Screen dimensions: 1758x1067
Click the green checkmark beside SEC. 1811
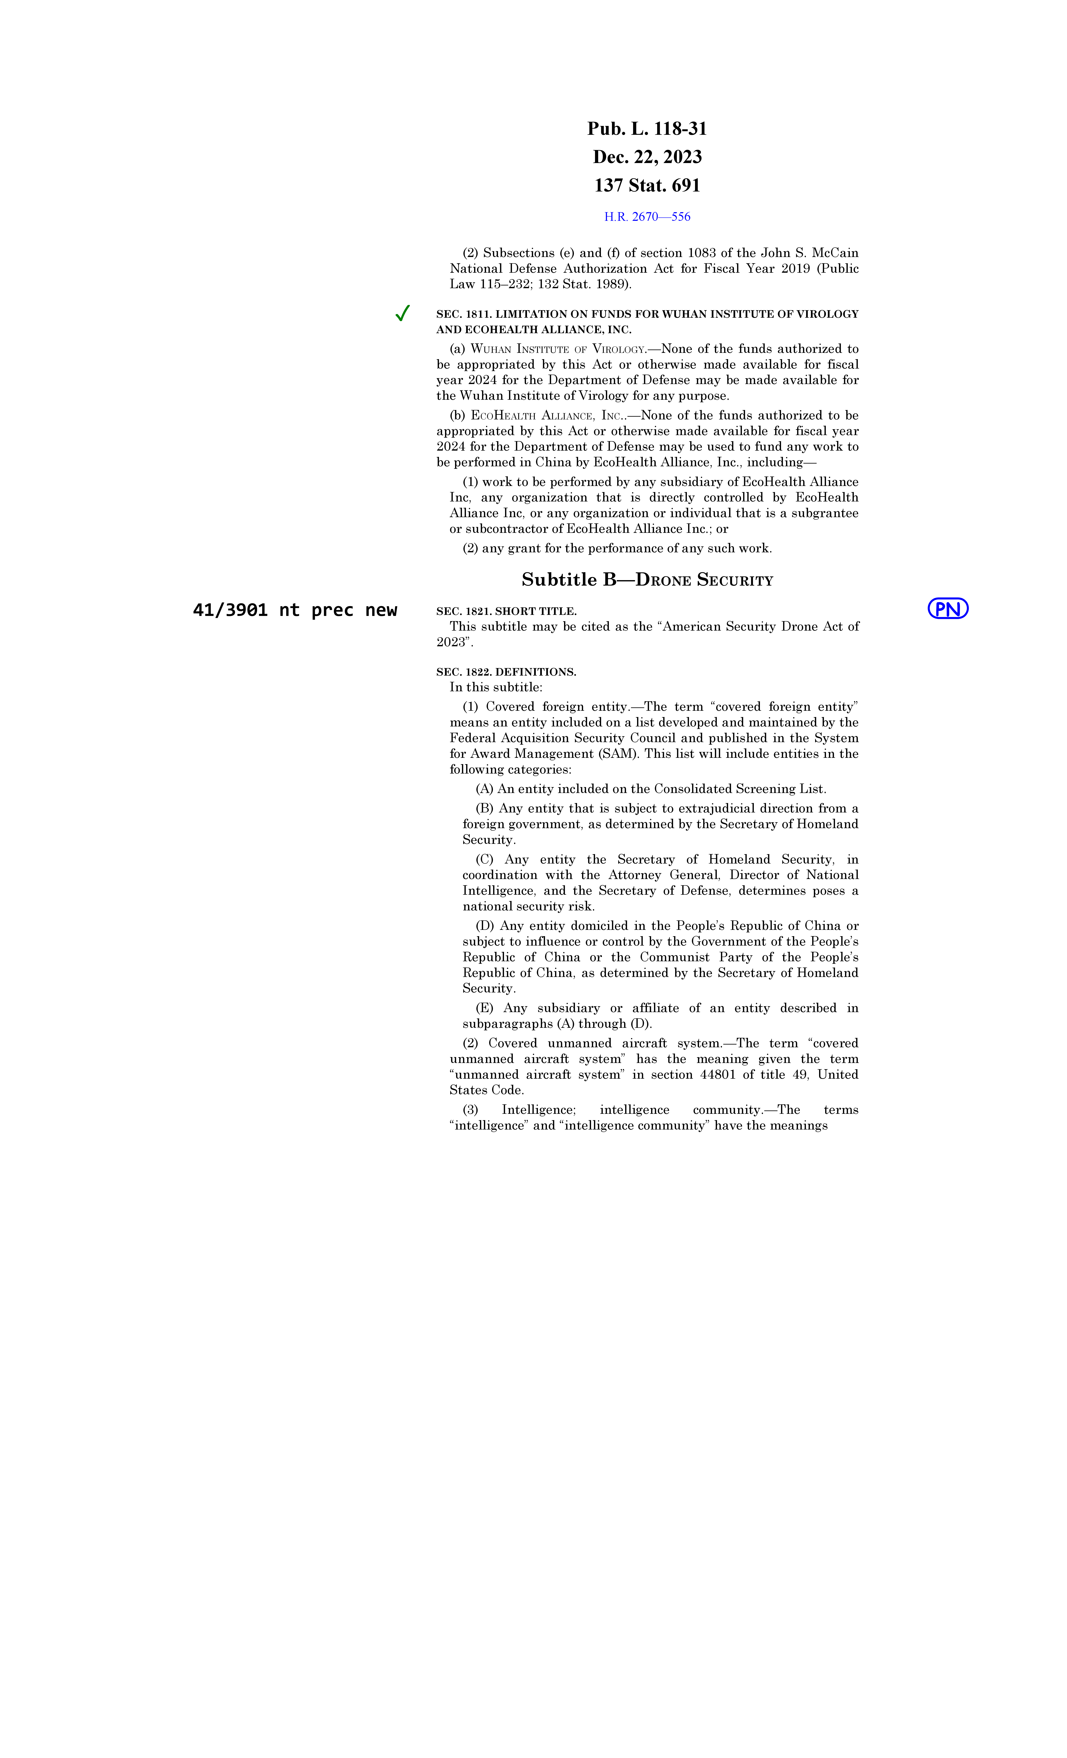[402, 313]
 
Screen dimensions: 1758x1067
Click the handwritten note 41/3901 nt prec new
[295, 610]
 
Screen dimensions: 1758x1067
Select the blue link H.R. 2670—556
[647, 217]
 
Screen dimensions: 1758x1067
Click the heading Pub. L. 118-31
[647, 129]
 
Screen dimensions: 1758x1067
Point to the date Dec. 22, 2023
[647, 157]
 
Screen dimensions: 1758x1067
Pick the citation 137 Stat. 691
[647, 185]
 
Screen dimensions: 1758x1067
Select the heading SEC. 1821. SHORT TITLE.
[506, 612]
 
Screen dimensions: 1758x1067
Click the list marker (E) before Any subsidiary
[484, 1008]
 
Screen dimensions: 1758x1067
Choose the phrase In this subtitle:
[496, 688]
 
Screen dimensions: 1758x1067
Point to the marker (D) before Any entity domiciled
[485, 926]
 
